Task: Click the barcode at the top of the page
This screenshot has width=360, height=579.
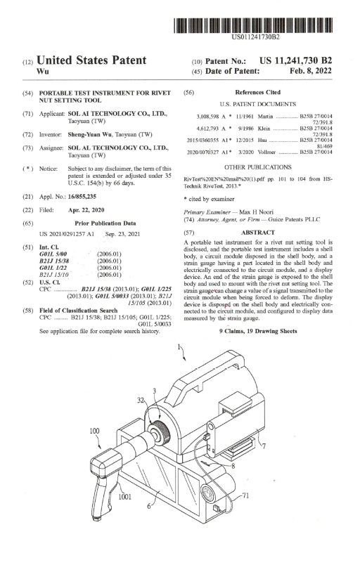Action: click(253, 25)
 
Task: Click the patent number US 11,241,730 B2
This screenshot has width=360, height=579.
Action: click(296, 61)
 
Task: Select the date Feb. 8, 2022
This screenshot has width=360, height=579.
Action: click(311, 71)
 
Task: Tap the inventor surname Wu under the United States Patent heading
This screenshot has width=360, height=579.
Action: click(43, 71)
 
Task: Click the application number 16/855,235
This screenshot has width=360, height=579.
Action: click(82, 197)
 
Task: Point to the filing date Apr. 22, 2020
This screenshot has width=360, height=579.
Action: click(86, 210)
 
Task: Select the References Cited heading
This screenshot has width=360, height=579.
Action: click(257, 92)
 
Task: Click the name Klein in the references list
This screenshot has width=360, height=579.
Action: click(264, 129)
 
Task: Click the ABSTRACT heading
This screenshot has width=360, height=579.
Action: click(258, 233)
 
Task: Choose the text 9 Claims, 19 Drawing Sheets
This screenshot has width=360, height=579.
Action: click(258, 331)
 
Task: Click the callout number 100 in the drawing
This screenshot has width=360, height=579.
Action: click(95, 431)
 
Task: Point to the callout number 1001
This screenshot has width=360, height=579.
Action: click(124, 497)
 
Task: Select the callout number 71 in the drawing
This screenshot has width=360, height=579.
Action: click(245, 495)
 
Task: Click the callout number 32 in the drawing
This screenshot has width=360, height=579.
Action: click(141, 400)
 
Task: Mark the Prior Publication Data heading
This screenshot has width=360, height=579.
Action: click(105, 223)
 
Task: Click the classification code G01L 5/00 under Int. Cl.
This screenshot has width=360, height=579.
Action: click(53, 254)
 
